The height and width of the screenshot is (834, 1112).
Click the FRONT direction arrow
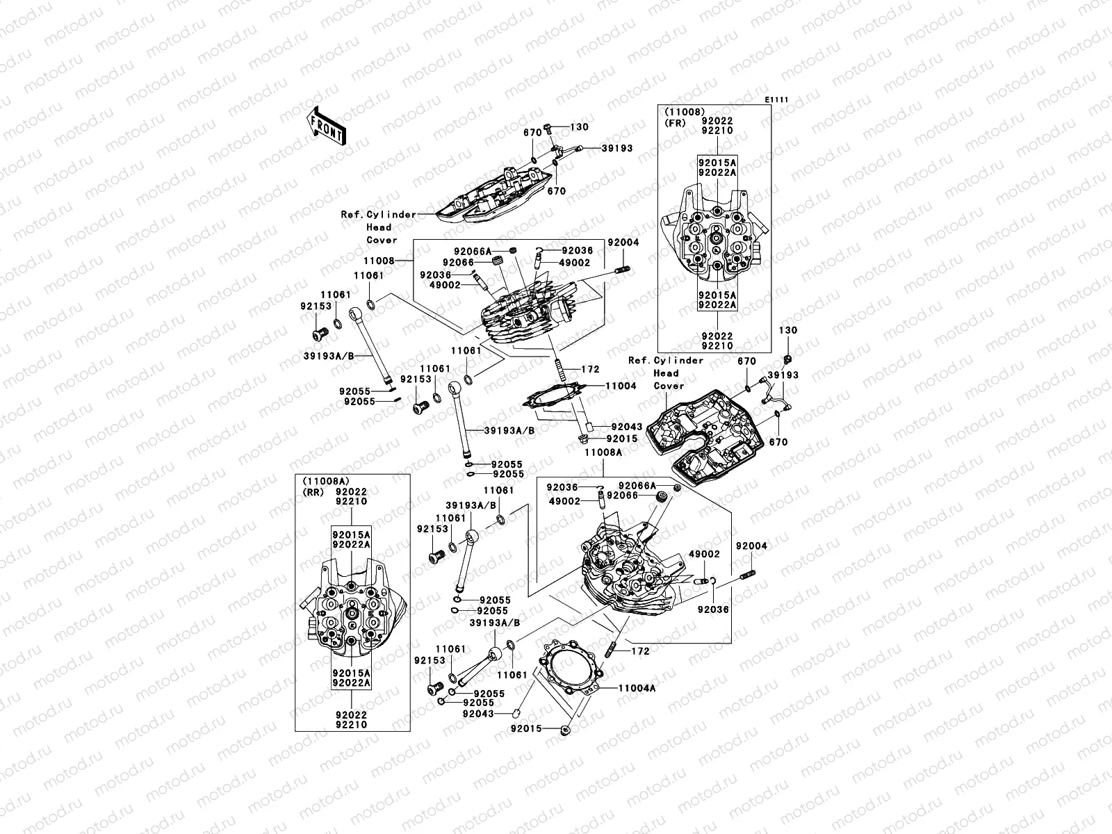(327, 126)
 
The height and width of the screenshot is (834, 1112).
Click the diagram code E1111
(777, 100)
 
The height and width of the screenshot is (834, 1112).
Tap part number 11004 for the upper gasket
(620, 386)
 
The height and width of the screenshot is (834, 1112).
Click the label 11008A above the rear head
(603, 452)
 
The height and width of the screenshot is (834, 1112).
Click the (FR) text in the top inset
(674, 122)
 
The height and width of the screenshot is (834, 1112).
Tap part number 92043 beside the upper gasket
(626, 426)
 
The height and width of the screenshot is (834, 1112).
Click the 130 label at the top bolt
(579, 127)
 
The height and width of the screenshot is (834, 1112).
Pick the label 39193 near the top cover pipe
(617, 148)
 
